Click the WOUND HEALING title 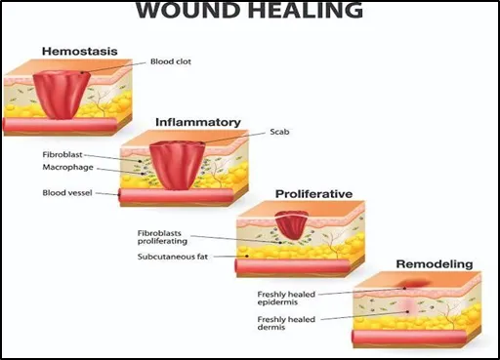coord(249,10)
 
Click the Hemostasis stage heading coord(80,51)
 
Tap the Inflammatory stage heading coord(198,122)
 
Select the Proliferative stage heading coord(313,194)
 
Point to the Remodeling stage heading coord(435,264)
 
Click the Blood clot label coord(171,61)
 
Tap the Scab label coord(279,132)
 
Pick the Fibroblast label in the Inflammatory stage coord(62,154)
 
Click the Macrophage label coord(67,167)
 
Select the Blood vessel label coord(67,193)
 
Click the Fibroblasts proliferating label coord(162,237)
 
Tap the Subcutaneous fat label coord(173,257)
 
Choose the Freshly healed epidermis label coord(286,298)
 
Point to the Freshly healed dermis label coord(286,323)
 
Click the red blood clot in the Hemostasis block coord(62,95)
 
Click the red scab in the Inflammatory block coord(177,165)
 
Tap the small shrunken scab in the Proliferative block coord(291,225)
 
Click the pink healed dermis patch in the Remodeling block coord(408,308)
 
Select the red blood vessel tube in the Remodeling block coord(408,337)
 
